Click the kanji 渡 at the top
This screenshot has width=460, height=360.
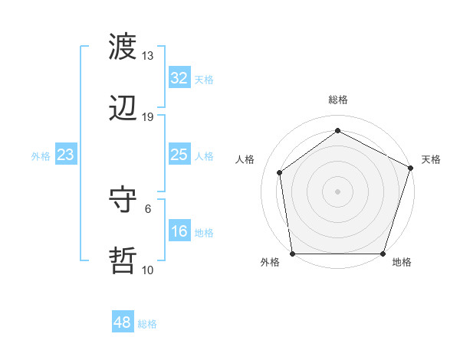(123, 47)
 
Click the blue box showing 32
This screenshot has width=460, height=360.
(179, 78)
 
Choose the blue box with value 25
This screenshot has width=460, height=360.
(179, 155)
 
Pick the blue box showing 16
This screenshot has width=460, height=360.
(179, 232)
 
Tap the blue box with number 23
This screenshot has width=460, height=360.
(66, 155)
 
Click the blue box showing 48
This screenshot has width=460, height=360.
(123, 322)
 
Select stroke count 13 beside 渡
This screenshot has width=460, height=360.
(148, 56)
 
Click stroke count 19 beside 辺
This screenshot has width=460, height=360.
(148, 117)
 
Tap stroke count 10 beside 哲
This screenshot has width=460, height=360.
(148, 270)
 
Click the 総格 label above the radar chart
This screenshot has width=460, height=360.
(338, 100)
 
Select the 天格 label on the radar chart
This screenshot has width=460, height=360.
(431, 159)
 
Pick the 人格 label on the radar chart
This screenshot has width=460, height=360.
(245, 159)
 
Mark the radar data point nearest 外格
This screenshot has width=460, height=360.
(293, 254)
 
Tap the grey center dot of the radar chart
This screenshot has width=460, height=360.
(338, 191)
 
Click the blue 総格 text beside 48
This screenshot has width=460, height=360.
(147, 324)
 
